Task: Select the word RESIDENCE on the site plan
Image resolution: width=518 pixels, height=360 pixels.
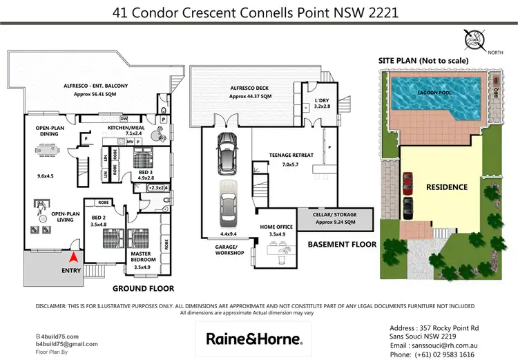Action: (x=446, y=187)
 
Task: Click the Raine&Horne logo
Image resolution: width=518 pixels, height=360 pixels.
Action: (x=255, y=339)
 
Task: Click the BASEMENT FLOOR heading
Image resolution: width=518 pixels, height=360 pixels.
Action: (x=341, y=245)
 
